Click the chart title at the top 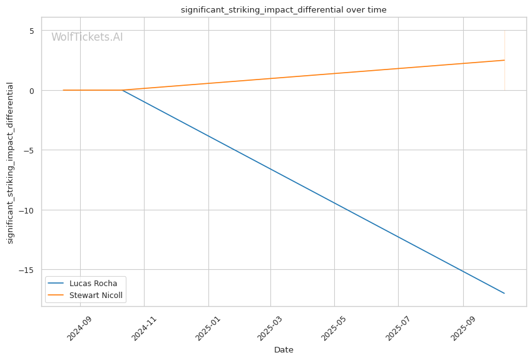pyautogui.click(x=284, y=10)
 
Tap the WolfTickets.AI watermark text pyautogui.click(x=87, y=38)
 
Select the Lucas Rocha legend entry pyautogui.click(x=93, y=283)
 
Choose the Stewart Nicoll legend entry pyautogui.click(x=96, y=296)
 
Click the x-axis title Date pyautogui.click(x=284, y=350)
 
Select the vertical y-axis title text pyautogui.click(x=10, y=163)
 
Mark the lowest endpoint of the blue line pyautogui.click(x=504, y=293)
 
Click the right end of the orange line pyautogui.click(x=504, y=60)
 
